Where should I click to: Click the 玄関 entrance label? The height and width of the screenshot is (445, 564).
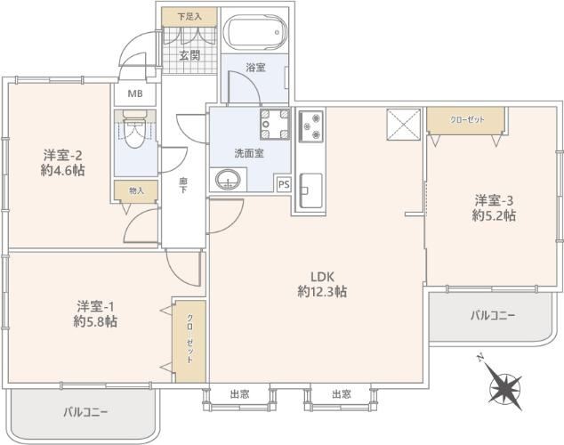tap(188, 55)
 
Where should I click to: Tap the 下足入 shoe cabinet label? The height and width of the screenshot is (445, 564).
tap(188, 16)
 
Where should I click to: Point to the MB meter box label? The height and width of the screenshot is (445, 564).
tap(135, 94)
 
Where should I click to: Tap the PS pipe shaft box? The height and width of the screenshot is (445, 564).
tap(284, 183)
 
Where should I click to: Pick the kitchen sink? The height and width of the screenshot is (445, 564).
tap(311, 189)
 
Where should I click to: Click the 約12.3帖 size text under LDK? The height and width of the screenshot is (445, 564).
tap(322, 291)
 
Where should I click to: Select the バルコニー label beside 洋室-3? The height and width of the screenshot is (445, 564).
tap(492, 315)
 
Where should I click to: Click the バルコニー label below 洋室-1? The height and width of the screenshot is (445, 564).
tap(85, 412)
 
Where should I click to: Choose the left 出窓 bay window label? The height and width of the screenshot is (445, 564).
tap(239, 393)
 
